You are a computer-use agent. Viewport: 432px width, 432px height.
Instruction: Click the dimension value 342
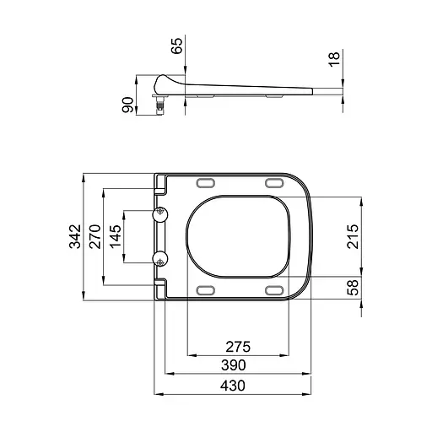tap(74, 238)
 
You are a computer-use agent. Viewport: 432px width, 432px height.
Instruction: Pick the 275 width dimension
tap(237, 347)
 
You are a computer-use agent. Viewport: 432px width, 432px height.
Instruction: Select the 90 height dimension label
tap(128, 104)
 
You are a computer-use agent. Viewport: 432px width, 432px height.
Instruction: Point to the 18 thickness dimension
tap(335, 60)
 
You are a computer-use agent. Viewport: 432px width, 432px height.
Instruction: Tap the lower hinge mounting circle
tap(160, 258)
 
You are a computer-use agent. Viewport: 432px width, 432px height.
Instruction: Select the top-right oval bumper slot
tap(273, 184)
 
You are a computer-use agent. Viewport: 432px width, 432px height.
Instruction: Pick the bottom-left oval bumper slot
tap(205, 290)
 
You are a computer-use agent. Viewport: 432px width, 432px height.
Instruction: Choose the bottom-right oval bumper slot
tap(273, 290)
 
